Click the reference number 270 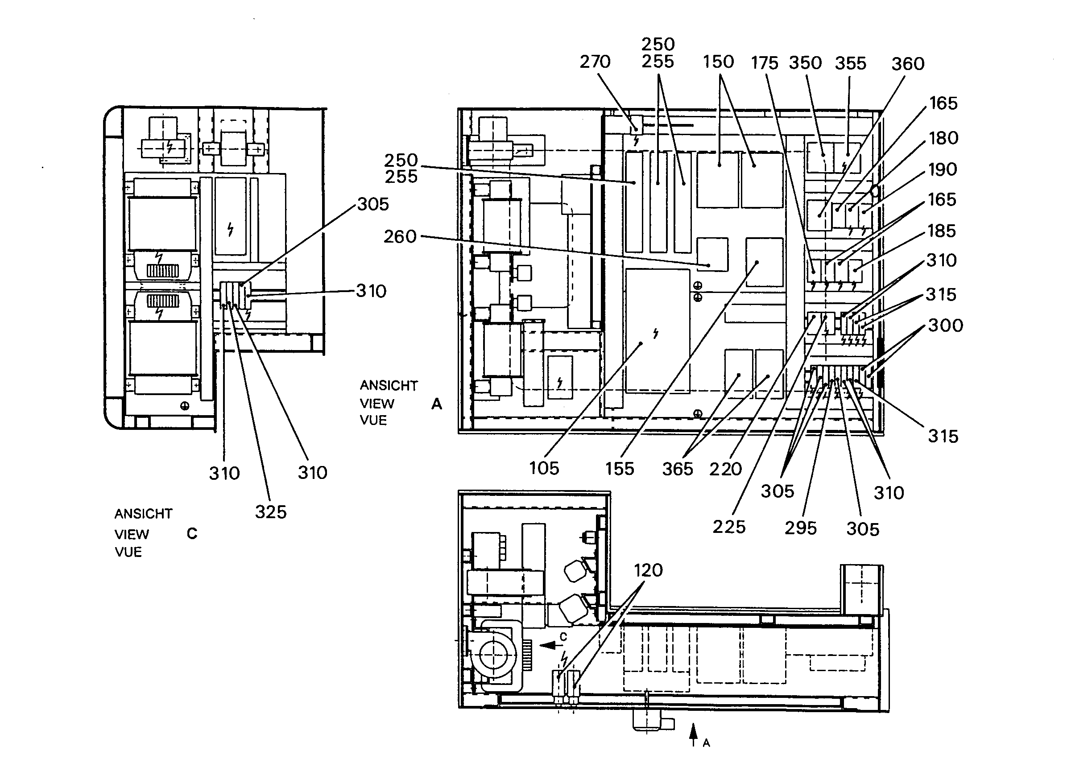click(595, 62)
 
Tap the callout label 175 click(764, 63)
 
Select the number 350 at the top click(805, 63)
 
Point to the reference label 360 click(908, 64)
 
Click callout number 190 click(943, 169)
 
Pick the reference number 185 click(942, 231)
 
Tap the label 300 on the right click(946, 325)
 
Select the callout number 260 click(400, 236)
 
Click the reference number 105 click(544, 468)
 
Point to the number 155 click(619, 469)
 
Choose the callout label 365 click(678, 469)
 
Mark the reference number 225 click(728, 527)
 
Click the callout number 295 click(800, 528)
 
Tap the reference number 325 click(271, 512)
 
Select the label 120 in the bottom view click(648, 570)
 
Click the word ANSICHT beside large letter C click(143, 514)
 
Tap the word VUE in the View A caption click(373, 421)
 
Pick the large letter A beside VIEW click(436, 404)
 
